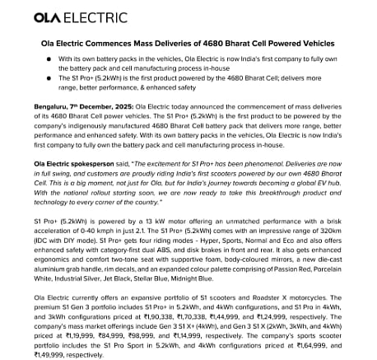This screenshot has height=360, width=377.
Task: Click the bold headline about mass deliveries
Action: click(x=188, y=49)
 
